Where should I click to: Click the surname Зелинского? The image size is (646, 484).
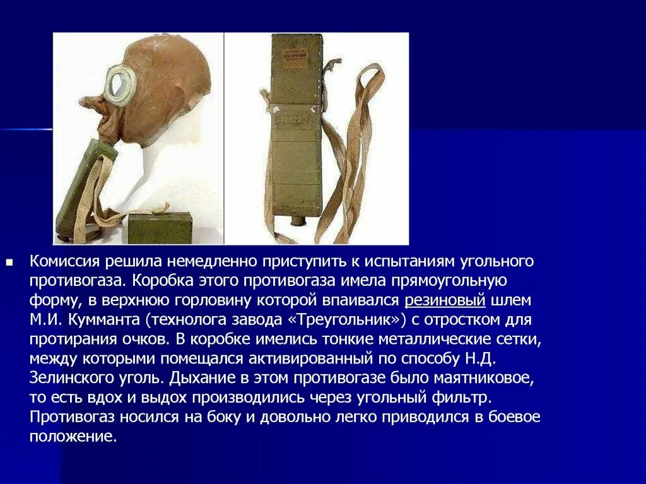[x=66, y=378]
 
